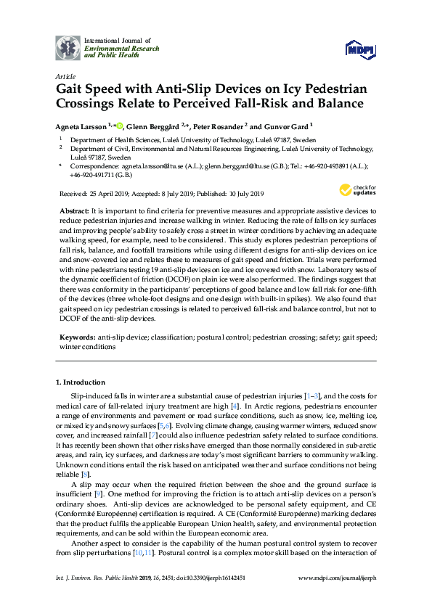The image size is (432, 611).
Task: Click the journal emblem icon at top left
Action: pyautogui.click(x=68, y=46)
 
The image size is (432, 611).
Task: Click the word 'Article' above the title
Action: pyautogui.click(x=64, y=75)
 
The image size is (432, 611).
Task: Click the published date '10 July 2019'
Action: pyautogui.click(x=242, y=194)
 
